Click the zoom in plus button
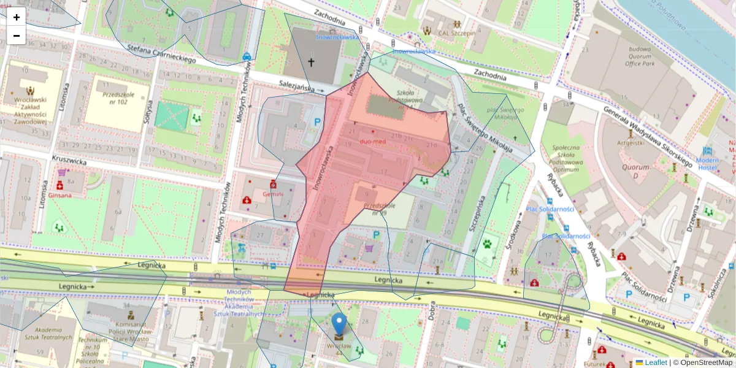[17, 17]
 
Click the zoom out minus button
[17, 36]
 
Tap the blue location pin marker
[339, 323]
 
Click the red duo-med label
[373, 142]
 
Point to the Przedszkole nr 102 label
[119, 98]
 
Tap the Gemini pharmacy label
[273, 194]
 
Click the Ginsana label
[60, 195]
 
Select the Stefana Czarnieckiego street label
[161, 53]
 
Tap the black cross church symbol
[311, 62]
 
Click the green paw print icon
[488, 243]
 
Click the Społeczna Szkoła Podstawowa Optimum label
[565, 158]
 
